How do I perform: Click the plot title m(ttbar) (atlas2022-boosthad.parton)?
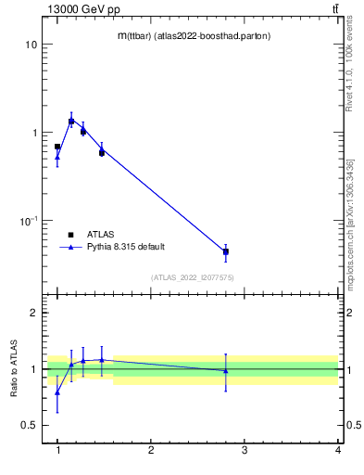pyautogui.click(x=193, y=35)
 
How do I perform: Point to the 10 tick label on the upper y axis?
pyautogui.click(x=31, y=45)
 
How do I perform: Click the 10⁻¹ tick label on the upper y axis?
pyautogui.click(x=28, y=221)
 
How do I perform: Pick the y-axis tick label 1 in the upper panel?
pyautogui.click(x=33, y=133)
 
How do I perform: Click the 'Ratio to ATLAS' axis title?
pyautogui.click(x=15, y=369)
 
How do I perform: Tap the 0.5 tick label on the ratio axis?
pyautogui.click(x=28, y=425)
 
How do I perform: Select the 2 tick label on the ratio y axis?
pyautogui.click(x=33, y=313)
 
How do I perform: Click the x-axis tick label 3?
pyautogui.click(x=245, y=450)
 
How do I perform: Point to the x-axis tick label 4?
pyautogui.click(x=337, y=450)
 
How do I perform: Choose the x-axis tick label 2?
pyautogui.click(x=151, y=450)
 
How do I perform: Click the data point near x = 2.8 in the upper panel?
pyautogui.click(x=226, y=251)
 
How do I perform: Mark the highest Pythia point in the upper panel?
pyautogui.click(x=71, y=120)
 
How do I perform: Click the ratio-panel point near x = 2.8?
pyautogui.click(x=226, y=371)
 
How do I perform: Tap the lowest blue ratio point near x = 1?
pyautogui.click(x=57, y=392)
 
